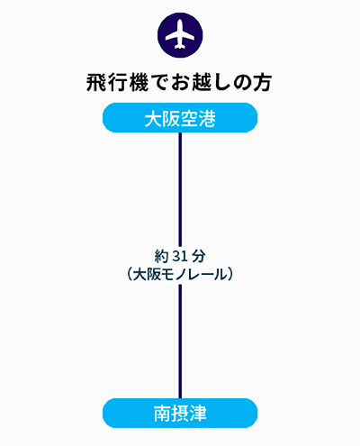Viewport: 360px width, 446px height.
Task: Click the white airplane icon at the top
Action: (x=180, y=35)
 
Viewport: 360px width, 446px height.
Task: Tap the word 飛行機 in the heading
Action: (x=117, y=83)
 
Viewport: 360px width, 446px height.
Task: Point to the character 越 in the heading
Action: (x=202, y=83)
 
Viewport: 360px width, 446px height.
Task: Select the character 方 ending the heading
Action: (x=263, y=83)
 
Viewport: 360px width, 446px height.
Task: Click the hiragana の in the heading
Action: (x=242, y=83)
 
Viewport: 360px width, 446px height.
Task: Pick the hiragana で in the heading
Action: (x=159, y=83)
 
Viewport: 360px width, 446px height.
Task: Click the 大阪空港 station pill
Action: (x=180, y=118)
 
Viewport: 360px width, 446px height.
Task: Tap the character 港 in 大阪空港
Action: (x=207, y=118)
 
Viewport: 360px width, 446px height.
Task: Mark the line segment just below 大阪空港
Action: (x=180, y=189)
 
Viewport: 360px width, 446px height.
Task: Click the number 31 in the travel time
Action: (x=180, y=257)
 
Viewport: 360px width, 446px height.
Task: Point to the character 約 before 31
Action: (x=162, y=257)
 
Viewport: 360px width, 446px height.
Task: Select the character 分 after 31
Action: (x=199, y=257)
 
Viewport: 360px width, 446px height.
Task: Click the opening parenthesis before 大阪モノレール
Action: (x=130, y=274)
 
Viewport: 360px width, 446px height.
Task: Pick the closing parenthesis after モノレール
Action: (x=230, y=274)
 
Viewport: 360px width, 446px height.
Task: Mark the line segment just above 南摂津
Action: (x=180, y=341)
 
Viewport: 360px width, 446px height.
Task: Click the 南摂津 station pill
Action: (x=180, y=414)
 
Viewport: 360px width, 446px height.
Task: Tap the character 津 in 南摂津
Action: (x=198, y=414)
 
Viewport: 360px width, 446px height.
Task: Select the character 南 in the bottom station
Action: (x=162, y=414)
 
